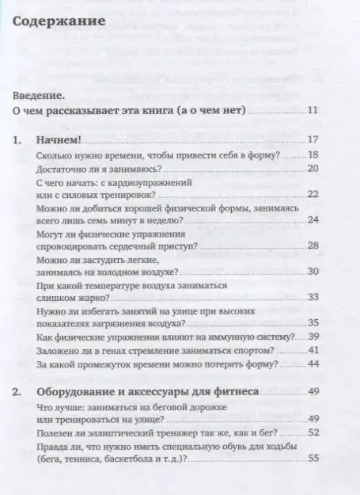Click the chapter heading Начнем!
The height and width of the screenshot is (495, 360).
click(64, 140)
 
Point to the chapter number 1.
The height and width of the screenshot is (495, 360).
click(19, 140)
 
